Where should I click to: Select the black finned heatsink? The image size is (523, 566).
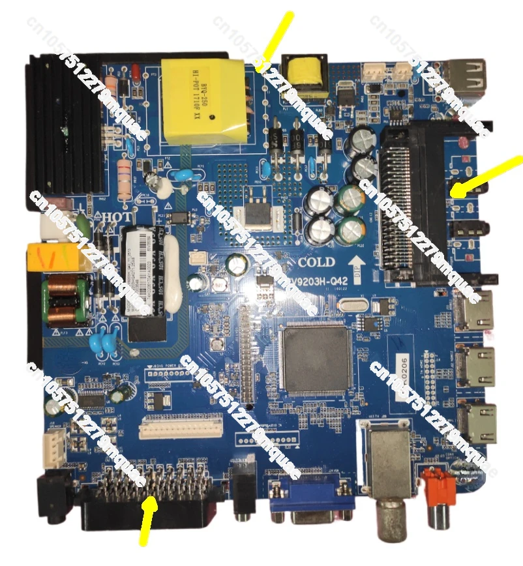62,124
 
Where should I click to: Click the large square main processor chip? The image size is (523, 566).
316,359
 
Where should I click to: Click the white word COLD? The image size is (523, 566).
316,262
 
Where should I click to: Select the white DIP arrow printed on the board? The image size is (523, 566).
357,267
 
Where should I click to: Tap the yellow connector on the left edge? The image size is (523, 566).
57,257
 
